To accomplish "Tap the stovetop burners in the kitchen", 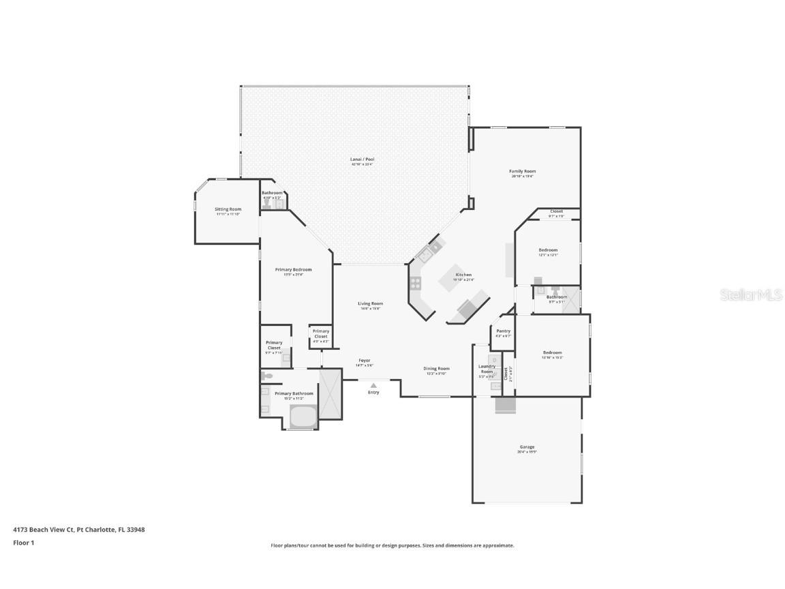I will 415,283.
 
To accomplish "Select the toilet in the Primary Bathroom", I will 266,376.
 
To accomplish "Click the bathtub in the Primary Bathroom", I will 303,415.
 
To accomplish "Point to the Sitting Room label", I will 228,209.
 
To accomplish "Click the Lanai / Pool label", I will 363,160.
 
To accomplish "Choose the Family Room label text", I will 522,171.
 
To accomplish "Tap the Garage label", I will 527,447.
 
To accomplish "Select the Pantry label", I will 504,331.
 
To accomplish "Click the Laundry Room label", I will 487,369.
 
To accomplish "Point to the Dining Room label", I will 437,369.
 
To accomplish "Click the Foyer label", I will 365,360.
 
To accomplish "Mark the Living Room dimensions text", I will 371,309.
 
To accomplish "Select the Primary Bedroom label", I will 293,270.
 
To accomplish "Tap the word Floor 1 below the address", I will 23,543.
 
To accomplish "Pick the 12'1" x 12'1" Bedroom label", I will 548,250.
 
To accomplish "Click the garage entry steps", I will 505,405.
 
